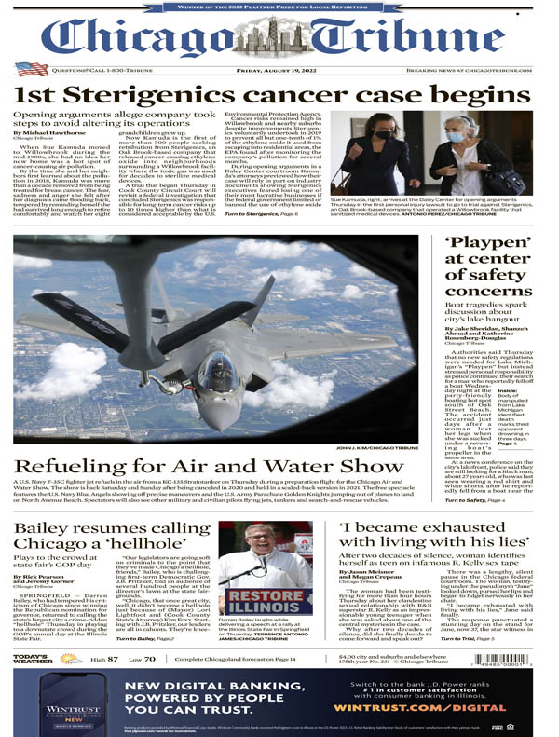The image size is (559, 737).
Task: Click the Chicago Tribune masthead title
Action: point(279,37)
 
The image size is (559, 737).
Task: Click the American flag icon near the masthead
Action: point(32,69)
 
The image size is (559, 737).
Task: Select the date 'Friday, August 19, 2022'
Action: point(279,69)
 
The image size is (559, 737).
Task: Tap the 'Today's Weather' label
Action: point(34,685)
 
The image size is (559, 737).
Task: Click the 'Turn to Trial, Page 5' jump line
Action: point(470,666)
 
